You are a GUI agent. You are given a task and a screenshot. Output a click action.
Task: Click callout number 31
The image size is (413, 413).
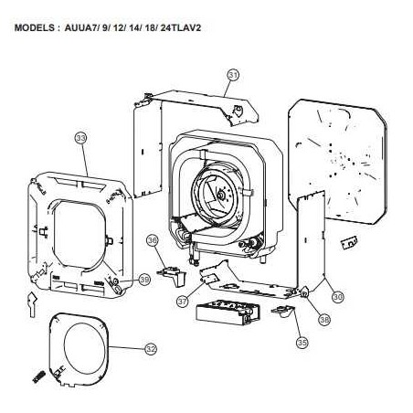[233, 75]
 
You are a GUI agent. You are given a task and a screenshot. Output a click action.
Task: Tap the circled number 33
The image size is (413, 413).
[81, 138]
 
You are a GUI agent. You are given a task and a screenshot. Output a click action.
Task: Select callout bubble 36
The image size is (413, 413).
[153, 240]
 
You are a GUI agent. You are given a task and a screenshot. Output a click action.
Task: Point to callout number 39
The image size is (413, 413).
[144, 279]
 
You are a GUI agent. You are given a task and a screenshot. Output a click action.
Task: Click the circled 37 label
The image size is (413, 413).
[183, 302]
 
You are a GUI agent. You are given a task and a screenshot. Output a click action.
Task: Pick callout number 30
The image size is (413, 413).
[338, 296]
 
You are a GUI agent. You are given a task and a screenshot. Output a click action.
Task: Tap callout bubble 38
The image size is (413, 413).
[324, 319]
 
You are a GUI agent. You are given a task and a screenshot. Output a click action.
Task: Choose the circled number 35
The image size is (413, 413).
[302, 343]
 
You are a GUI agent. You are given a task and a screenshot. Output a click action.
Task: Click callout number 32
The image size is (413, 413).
[151, 349]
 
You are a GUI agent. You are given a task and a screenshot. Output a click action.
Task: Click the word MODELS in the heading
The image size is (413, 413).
[35, 27]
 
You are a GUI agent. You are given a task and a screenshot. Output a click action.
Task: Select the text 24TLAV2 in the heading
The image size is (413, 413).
[180, 27]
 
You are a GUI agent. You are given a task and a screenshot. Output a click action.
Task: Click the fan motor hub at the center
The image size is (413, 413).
[220, 195]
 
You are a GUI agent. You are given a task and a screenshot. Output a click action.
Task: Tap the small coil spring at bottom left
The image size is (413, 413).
[39, 376]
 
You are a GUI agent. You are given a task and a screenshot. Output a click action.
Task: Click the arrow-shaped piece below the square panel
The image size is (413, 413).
[32, 304]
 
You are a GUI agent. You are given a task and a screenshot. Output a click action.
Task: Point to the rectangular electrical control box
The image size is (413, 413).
[228, 312]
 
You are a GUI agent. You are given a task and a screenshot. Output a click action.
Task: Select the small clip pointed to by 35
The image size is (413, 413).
[283, 312]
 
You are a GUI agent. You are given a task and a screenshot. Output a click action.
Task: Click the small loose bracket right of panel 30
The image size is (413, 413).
[349, 243]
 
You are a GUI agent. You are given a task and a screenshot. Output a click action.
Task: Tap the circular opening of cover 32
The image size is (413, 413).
[84, 348]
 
